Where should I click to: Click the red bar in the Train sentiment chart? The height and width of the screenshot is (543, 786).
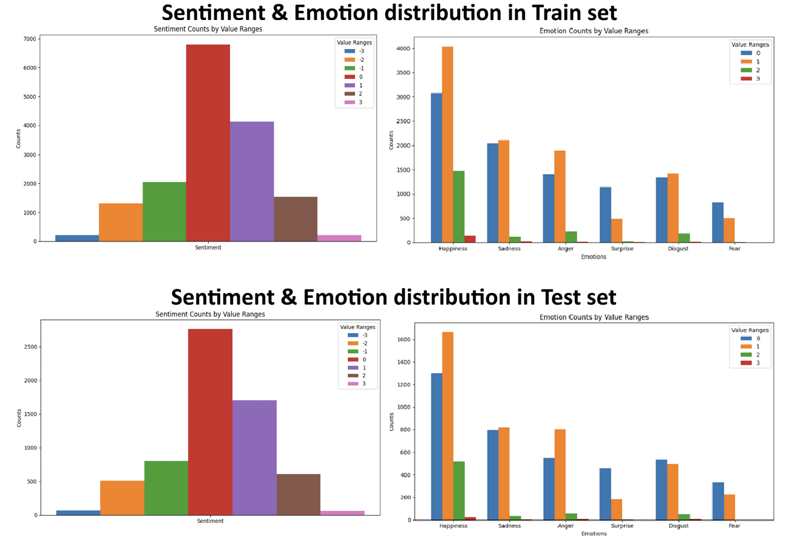pos(208,143)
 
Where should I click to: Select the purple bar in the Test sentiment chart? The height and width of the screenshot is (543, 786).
pos(254,457)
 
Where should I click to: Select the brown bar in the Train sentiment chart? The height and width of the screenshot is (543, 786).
pos(295,218)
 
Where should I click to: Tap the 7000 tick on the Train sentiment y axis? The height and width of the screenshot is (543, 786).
pos(28,39)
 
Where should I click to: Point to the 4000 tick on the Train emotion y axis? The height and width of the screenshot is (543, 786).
pos(404,49)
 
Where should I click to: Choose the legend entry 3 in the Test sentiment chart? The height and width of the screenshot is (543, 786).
pos(361,383)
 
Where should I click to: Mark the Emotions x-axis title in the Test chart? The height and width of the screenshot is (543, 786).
pos(594,534)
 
